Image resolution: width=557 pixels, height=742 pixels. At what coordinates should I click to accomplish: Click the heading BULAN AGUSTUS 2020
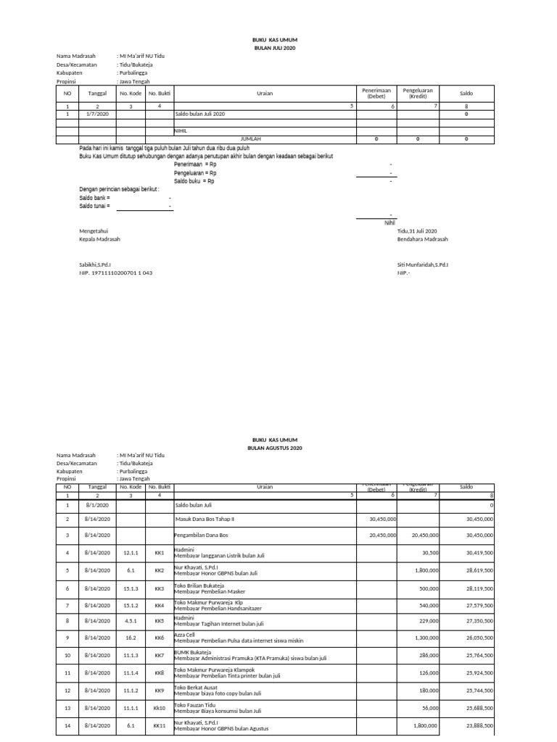point(274,449)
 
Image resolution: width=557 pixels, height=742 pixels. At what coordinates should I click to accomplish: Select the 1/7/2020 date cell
point(97,114)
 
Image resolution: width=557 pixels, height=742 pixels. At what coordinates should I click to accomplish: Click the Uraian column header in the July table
point(265,93)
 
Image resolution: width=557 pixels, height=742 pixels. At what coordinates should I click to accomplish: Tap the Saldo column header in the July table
point(466,93)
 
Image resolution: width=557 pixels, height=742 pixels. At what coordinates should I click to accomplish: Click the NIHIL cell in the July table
point(181,130)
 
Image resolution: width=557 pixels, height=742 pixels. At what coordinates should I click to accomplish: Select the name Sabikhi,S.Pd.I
point(95,265)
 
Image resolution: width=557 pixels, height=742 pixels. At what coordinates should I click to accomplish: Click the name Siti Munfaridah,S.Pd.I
point(422,265)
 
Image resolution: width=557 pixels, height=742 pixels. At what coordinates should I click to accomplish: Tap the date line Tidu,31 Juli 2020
point(417,230)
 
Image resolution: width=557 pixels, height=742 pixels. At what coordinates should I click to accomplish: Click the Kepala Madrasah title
point(99,239)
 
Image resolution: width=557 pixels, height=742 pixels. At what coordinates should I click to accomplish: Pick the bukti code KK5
point(160,621)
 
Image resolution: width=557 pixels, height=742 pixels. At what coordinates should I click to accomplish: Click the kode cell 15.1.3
point(131,588)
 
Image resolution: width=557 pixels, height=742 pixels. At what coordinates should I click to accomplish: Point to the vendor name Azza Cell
point(186,634)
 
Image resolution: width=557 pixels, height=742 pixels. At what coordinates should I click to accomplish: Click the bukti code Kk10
point(160,708)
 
